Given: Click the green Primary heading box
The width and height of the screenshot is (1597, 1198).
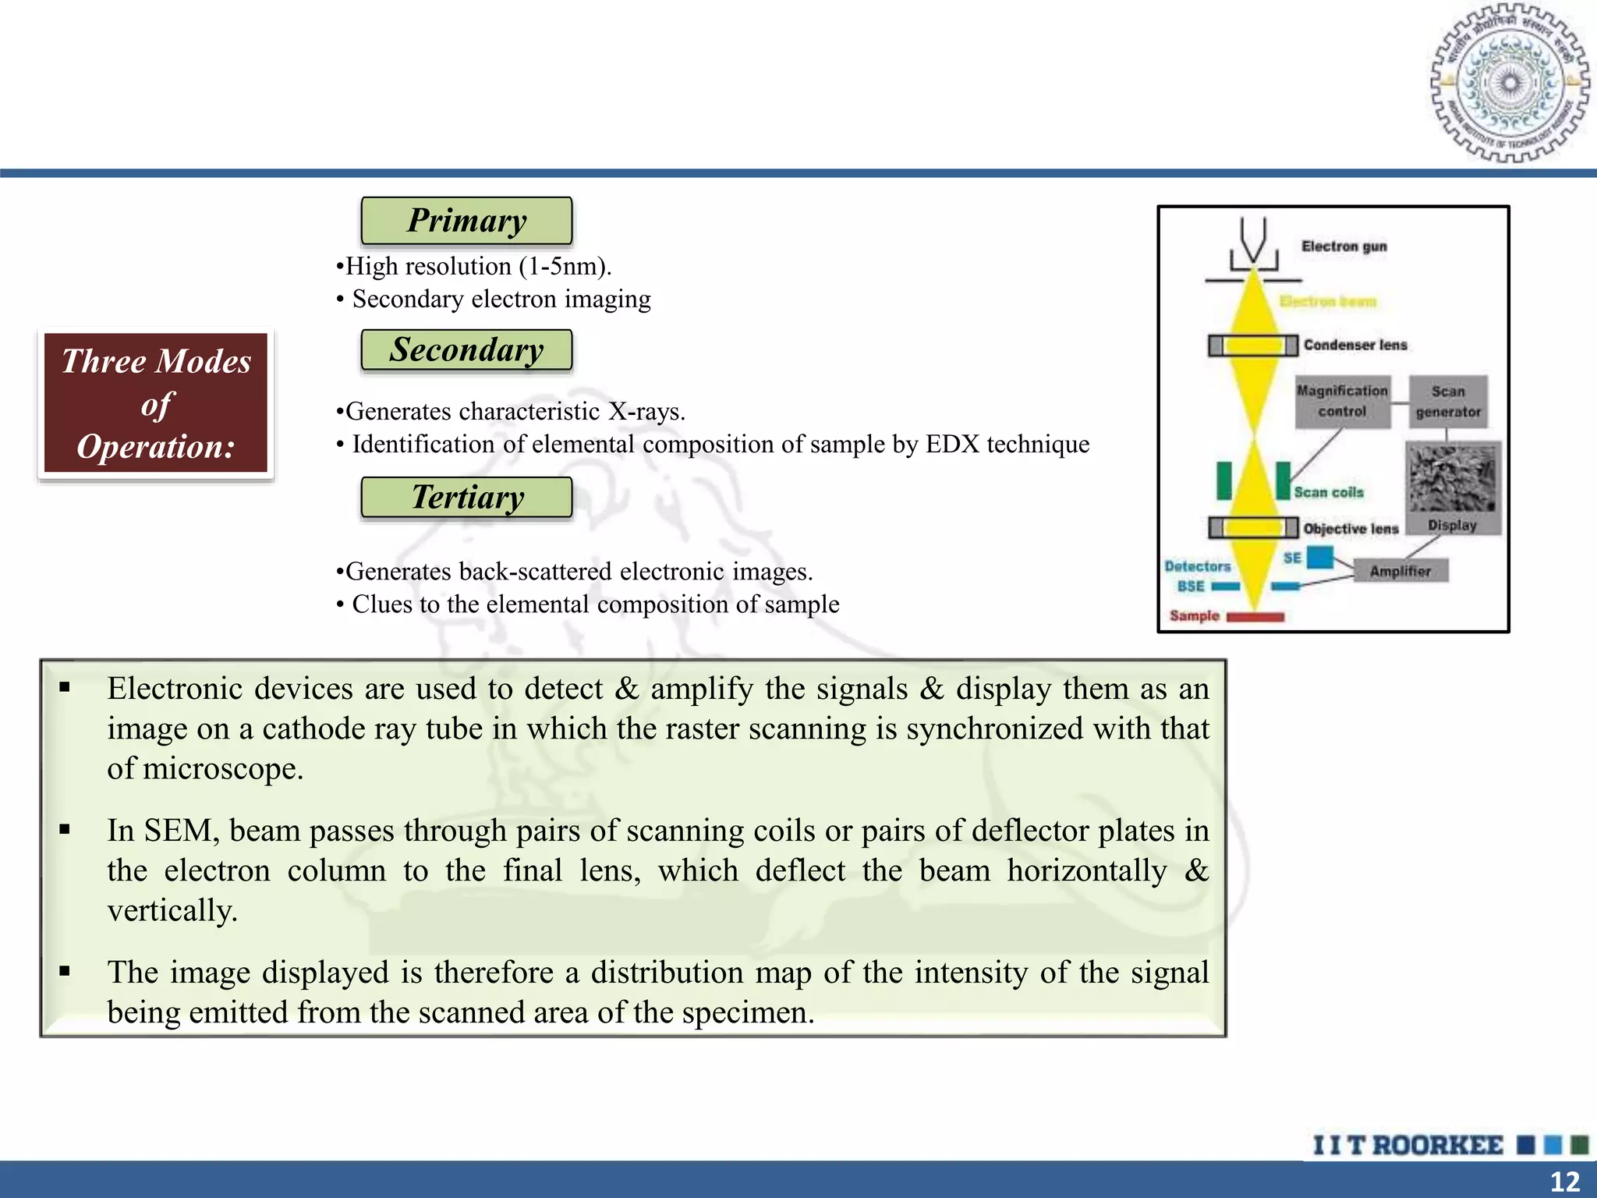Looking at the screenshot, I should [466, 221].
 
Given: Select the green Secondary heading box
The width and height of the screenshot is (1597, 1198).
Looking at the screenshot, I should [466, 349].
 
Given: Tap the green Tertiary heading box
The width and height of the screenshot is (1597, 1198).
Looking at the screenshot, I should [466, 497].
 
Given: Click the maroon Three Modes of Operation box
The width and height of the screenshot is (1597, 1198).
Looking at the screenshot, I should [156, 403].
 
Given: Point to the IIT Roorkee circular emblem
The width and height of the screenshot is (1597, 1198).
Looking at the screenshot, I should [1510, 83].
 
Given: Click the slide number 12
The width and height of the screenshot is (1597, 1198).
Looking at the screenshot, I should [1564, 1182].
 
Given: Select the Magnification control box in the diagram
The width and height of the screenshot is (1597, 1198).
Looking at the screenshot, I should [1342, 401].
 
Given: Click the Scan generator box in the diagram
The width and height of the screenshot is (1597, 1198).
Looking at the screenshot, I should [1448, 401].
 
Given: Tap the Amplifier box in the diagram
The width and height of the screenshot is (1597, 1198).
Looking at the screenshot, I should [1400, 571].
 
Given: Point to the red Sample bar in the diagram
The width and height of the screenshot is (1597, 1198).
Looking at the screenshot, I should [1255, 617].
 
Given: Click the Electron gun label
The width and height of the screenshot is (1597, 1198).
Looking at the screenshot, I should [1344, 246].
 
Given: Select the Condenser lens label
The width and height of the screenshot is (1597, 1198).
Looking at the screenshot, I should [1355, 345].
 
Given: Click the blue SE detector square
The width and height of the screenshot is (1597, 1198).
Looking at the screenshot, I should [1319, 557].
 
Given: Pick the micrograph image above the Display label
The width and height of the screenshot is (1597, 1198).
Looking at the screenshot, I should [1452, 477].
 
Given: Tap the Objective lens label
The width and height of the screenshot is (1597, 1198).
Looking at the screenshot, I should [1351, 529].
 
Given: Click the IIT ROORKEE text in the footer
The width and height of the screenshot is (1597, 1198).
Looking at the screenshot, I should [1408, 1145].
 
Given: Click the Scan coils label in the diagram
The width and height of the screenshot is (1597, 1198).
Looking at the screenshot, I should [1329, 492].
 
